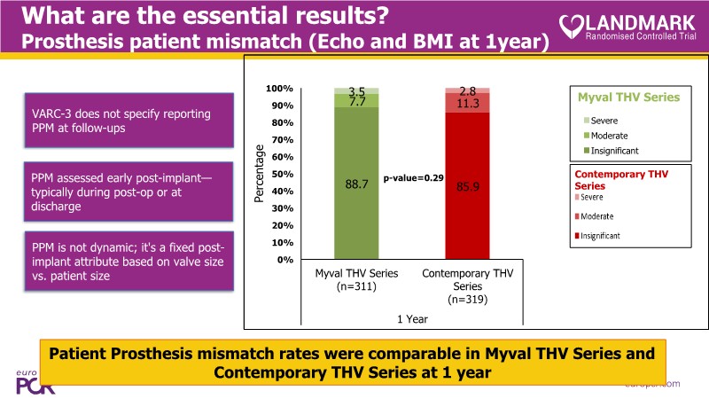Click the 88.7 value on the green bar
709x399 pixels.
(356, 184)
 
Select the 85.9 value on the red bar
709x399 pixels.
(467, 187)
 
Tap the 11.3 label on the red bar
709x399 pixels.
(467, 104)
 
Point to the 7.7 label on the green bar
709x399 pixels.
(356, 103)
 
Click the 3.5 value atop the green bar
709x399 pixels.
(356, 91)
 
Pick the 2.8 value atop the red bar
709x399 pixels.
(467, 91)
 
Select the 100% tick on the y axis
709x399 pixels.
(280, 90)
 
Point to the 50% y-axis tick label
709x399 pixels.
(283, 175)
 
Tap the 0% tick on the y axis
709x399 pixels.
(285, 260)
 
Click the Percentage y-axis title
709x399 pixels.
(260, 174)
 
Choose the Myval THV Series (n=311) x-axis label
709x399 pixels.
(356, 279)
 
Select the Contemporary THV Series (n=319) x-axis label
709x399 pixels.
(467, 286)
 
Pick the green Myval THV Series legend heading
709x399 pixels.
(628, 97)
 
